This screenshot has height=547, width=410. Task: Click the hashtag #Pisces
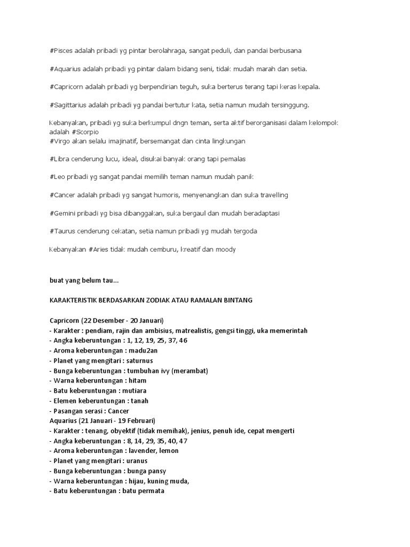63,51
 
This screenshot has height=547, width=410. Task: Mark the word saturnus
133,360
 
